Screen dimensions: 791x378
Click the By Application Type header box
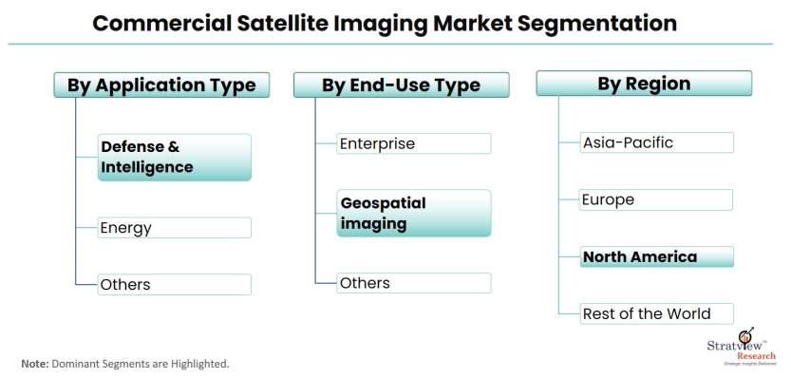tap(161, 85)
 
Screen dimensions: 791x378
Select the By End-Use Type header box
tap(402, 85)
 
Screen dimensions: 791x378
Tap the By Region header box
tap(644, 84)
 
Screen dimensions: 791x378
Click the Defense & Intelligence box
tap(175, 157)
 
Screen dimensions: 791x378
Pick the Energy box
tap(175, 228)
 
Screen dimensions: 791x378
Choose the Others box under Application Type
tap(175, 284)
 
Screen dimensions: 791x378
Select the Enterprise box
tap(414, 143)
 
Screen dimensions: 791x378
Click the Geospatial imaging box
tap(414, 213)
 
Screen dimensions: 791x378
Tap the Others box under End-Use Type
tap(414, 283)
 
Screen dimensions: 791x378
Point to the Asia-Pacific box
tap(657, 142)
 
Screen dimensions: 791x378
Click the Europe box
tap(656, 199)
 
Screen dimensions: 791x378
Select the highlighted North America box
tap(657, 256)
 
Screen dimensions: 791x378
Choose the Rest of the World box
tap(657, 314)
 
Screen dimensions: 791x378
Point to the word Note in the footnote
tap(34, 363)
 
